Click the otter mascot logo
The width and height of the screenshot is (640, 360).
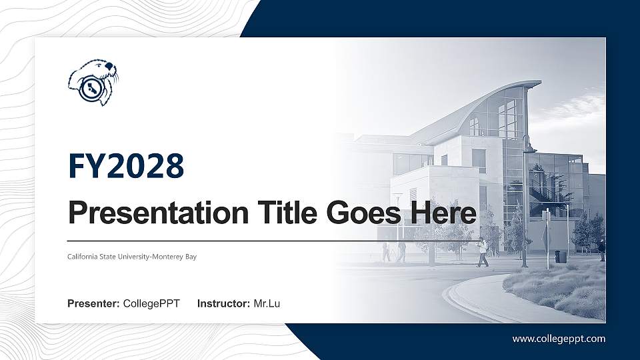click(93, 83)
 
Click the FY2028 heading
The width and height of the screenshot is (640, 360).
click(126, 166)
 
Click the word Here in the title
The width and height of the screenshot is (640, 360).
click(444, 213)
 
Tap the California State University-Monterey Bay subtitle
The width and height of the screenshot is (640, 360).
click(132, 256)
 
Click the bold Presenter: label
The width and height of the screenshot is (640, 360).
click(93, 304)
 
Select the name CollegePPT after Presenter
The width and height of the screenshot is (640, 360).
click(151, 304)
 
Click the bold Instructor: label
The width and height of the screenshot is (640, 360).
click(224, 304)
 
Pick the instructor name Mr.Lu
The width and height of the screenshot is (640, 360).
click(267, 304)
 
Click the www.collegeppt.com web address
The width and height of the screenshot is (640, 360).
click(559, 339)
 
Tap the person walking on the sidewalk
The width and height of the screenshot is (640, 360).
click(482, 252)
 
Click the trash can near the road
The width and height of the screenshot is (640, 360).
click(559, 256)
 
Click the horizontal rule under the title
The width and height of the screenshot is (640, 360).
click(267, 240)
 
